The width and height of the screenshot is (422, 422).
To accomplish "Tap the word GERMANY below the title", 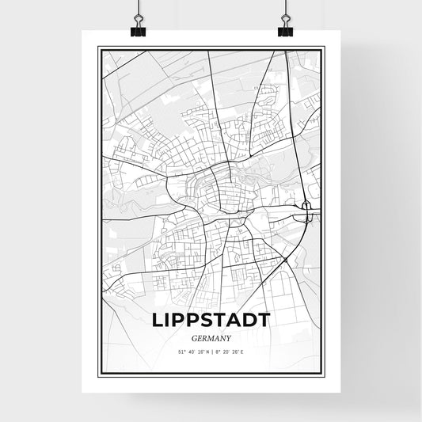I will click(x=211, y=337).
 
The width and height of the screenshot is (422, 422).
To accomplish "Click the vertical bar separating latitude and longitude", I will click(x=211, y=351).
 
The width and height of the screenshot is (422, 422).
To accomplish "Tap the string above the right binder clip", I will click(x=285, y=8).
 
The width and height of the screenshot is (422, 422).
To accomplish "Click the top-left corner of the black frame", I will click(x=98, y=48).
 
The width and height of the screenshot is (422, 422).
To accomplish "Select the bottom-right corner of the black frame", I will click(x=325, y=374).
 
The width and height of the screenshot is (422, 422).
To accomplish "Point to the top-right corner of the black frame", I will click(x=325, y=48).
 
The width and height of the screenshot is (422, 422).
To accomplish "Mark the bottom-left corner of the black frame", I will click(x=98, y=374).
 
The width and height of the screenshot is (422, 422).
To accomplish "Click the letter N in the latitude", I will click(x=207, y=351).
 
